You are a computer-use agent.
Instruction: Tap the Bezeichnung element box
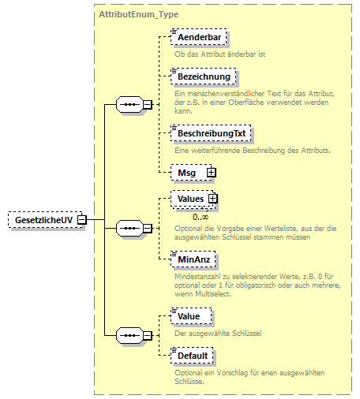tap(203, 77)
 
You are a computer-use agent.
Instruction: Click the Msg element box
tap(188, 171)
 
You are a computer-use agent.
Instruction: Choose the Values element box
tap(190, 199)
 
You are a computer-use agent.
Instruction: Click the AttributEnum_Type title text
tap(139, 15)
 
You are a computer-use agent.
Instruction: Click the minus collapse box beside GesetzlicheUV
tap(81, 219)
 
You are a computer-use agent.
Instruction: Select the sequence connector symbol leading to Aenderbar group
tap(128, 104)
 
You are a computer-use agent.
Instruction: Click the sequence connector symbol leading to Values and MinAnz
tap(128, 228)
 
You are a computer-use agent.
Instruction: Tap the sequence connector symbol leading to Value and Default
tap(128, 336)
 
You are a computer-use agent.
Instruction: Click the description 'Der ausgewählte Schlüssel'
tap(217, 334)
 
